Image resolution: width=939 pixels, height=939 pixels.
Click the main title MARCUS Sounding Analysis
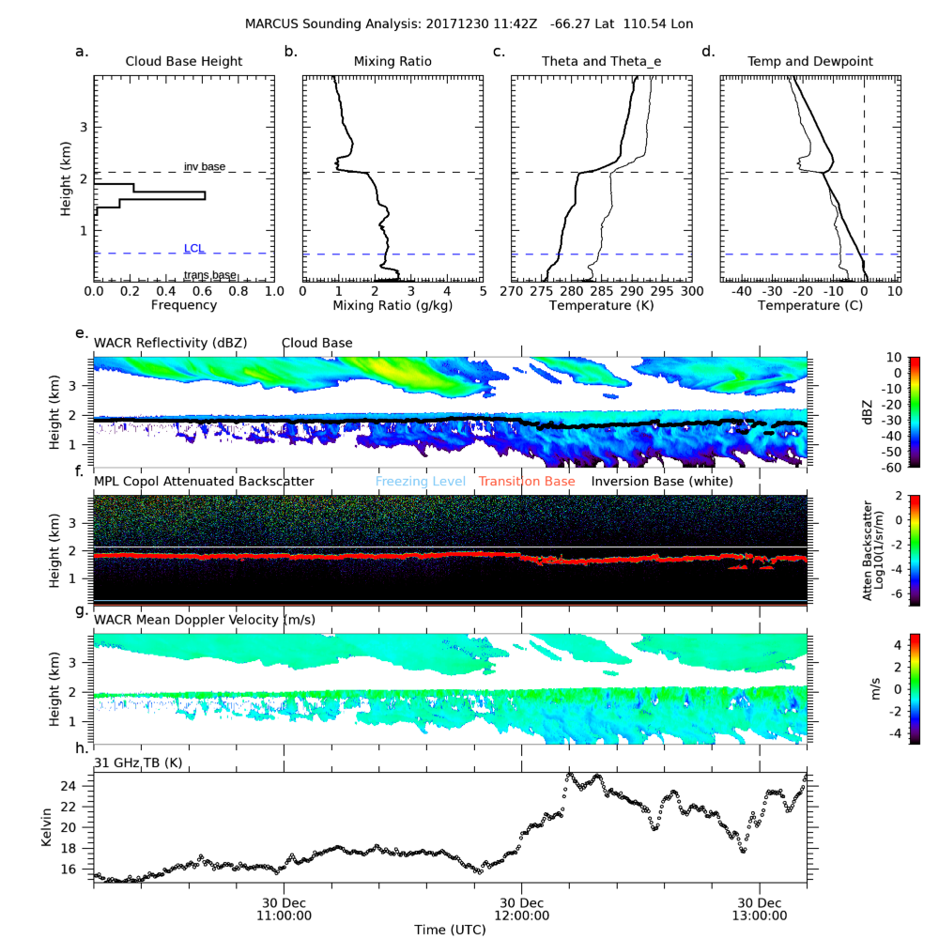(x=469, y=22)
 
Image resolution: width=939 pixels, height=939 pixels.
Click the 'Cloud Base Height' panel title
(x=184, y=62)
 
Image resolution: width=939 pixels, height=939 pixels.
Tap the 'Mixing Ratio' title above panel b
(x=393, y=62)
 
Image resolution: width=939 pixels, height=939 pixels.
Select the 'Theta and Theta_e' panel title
(x=601, y=62)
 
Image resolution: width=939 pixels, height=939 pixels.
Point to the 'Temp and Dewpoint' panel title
(x=809, y=62)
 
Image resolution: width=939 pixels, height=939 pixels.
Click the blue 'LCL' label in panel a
(x=193, y=248)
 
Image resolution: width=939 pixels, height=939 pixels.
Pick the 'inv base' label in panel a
(x=204, y=166)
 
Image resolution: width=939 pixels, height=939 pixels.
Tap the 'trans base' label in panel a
(x=209, y=275)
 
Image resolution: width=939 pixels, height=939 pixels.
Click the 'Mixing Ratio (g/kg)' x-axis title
(x=393, y=305)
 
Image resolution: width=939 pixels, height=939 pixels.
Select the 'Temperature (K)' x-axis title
(x=601, y=305)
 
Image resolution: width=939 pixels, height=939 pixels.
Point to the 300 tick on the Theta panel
(x=691, y=291)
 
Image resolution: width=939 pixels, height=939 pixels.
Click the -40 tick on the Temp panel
(x=742, y=291)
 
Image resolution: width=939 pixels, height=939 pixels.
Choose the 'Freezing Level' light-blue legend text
(x=421, y=482)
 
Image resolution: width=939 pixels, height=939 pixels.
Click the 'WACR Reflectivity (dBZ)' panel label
(x=170, y=343)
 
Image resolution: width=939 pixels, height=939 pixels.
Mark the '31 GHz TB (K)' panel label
(x=138, y=762)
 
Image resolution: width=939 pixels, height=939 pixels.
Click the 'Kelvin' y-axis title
(x=48, y=826)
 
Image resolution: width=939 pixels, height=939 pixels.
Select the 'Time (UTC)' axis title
(x=450, y=929)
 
